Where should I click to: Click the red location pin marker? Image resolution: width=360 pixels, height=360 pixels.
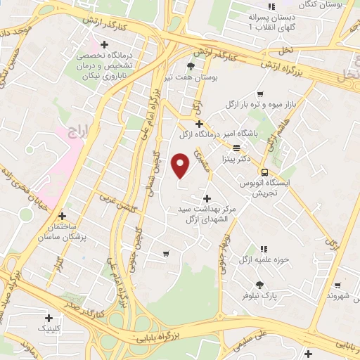coord(181,165)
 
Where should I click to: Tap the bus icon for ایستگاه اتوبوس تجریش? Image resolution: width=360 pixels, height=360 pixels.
coord(264,172)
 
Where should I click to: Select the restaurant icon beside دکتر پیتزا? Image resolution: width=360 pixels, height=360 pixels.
coord(237,148)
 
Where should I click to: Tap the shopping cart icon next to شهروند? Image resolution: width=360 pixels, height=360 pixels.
coord(340,285)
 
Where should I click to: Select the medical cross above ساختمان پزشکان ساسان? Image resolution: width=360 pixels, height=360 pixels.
coord(63,216)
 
